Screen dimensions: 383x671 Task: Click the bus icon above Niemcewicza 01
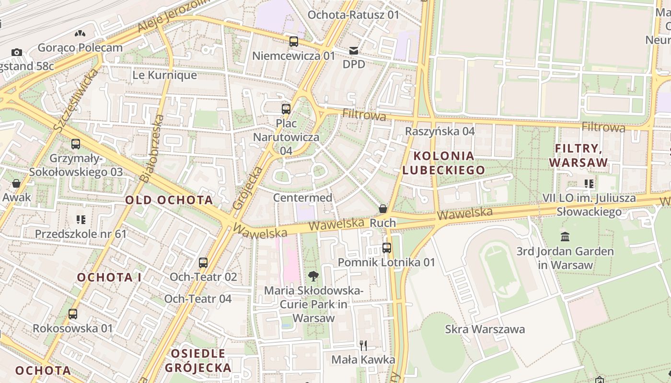[x=294, y=42]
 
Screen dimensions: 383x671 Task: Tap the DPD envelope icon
[x=354, y=51]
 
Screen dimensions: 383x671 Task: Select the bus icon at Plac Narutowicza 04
[x=286, y=109]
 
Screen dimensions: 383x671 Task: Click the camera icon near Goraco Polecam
[x=17, y=52]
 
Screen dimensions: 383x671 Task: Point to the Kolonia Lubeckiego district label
[x=443, y=163]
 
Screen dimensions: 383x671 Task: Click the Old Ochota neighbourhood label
[x=169, y=200]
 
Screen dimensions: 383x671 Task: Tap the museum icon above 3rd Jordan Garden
[x=565, y=237]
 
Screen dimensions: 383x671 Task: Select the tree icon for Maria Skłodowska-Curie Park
[x=313, y=276]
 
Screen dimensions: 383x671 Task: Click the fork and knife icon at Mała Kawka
[x=363, y=345]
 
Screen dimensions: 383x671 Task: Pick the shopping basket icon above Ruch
[x=383, y=209]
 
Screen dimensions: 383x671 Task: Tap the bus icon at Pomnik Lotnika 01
[x=387, y=248]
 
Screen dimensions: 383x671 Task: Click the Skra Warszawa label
[x=485, y=329]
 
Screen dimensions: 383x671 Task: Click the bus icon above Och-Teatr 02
[x=203, y=263]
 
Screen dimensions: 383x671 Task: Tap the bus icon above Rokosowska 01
[x=73, y=314]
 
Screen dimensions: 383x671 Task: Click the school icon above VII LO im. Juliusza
[x=589, y=183]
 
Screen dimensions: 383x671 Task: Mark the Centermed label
[x=302, y=198]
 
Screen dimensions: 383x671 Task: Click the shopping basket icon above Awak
[x=16, y=183]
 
